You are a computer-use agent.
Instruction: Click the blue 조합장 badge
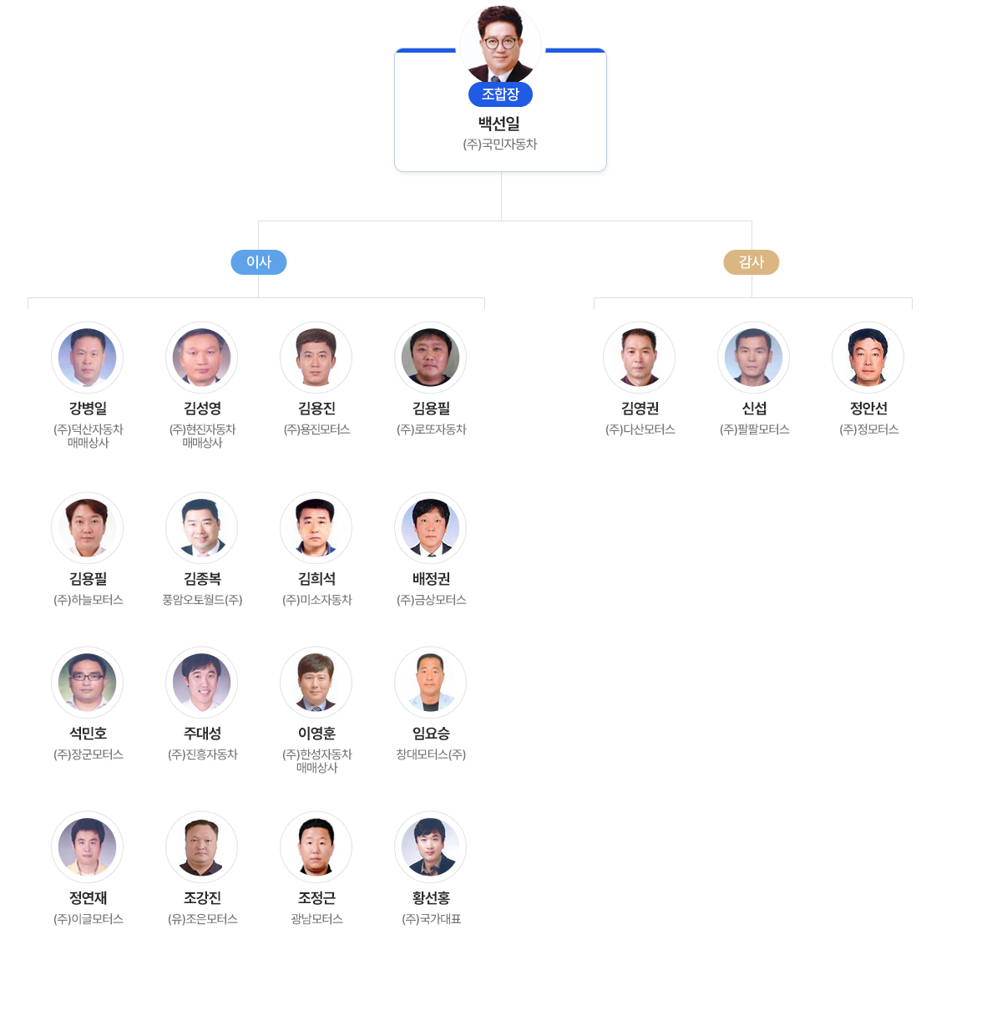click(500, 94)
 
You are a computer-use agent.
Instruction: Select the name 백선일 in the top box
click(499, 124)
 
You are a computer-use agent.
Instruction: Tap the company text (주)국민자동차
click(500, 145)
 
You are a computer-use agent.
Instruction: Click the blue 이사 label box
click(259, 262)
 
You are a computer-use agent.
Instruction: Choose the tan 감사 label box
click(751, 262)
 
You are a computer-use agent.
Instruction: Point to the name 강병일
click(88, 409)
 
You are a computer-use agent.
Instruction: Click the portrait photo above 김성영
click(202, 358)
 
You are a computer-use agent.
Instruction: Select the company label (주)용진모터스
click(316, 429)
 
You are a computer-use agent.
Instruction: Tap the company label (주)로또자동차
click(431, 429)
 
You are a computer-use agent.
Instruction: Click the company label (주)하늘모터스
click(88, 600)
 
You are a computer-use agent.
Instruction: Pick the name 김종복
click(202, 579)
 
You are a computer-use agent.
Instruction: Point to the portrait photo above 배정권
click(431, 528)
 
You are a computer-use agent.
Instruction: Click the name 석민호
click(88, 734)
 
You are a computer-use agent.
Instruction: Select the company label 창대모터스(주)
click(431, 754)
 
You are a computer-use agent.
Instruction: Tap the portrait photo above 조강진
click(202, 847)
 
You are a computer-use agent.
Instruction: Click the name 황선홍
click(431, 898)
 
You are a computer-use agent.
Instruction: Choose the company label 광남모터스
click(316, 919)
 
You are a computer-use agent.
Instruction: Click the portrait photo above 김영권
click(640, 358)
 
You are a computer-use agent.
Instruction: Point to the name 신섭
click(754, 409)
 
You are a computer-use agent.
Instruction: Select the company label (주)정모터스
click(868, 429)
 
